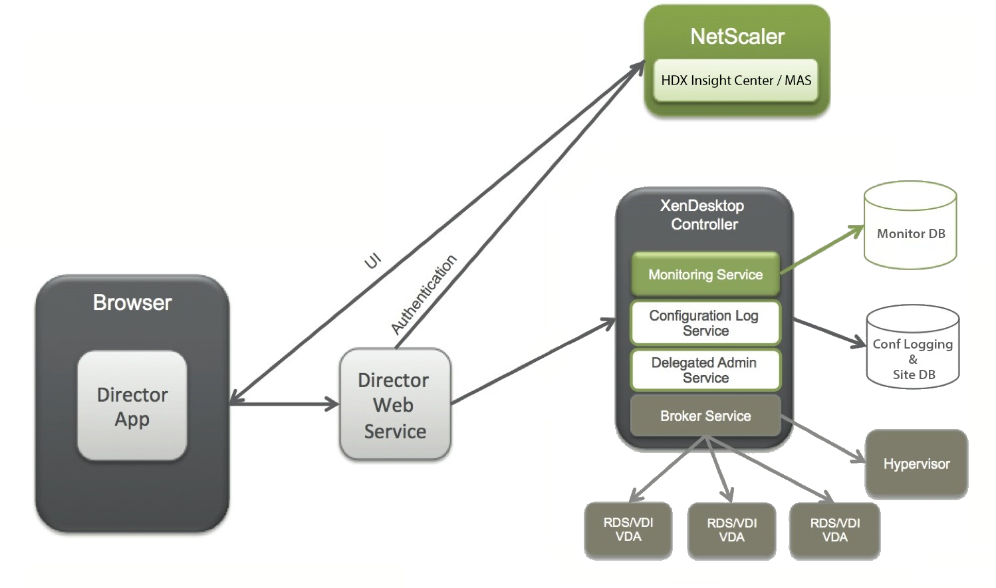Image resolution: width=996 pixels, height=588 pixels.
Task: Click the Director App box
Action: (132, 406)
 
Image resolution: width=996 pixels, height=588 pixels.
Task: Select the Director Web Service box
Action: (395, 404)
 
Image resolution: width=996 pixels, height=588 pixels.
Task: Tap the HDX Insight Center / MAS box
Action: (735, 80)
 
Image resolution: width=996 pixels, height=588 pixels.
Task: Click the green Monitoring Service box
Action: (705, 274)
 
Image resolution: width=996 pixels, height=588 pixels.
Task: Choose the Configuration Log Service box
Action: (705, 323)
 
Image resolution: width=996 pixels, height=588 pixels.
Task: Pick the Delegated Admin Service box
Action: (705, 370)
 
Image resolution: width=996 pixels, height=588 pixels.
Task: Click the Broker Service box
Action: (705, 416)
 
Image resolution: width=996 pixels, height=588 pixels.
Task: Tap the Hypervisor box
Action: (916, 464)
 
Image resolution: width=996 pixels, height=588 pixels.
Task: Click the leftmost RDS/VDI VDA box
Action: (628, 529)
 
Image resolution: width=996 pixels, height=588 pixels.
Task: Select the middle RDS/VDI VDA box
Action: (731, 530)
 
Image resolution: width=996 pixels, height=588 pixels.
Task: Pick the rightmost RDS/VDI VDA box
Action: (834, 530)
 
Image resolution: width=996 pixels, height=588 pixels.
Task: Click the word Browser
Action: (132, 303)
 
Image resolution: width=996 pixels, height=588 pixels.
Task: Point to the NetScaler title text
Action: (737, 37)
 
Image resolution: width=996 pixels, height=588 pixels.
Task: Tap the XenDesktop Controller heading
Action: (703, 215)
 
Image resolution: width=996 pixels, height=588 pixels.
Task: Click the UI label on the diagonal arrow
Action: (373, 261)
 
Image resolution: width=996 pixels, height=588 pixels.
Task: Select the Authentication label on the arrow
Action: (424, 294)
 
